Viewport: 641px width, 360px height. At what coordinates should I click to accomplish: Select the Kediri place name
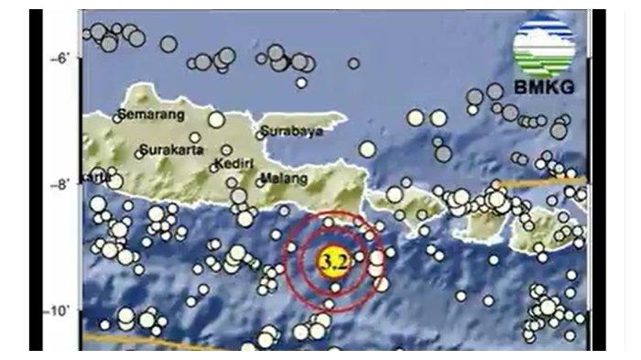(x=233, y=164)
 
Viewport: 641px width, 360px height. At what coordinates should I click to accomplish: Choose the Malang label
(x=281, y=178)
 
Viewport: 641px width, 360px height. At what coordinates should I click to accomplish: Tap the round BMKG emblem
(x=544, y=47)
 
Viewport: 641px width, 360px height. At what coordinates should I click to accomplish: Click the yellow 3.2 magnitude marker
(x=334, y=263)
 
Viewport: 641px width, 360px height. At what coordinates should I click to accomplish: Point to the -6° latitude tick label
(x=60, y=58)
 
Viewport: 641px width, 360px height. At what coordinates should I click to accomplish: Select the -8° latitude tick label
(x=60, y=184)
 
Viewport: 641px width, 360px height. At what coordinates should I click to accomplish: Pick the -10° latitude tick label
(x=58, y=311)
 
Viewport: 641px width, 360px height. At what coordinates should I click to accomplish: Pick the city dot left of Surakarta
(x=140, y=149)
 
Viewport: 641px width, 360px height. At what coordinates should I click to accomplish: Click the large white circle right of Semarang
(x=216, y=118)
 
